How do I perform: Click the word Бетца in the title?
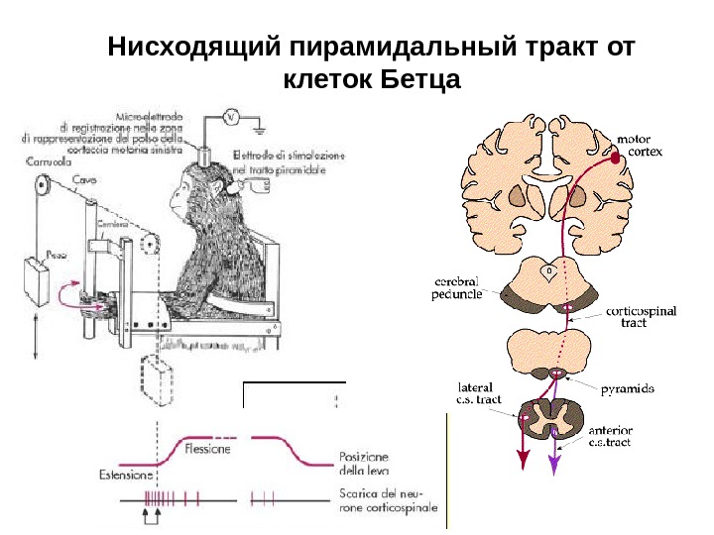click(421, 78)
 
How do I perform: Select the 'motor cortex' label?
click(640, 147)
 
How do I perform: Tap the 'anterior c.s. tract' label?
click(611, 437)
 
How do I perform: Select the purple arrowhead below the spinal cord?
click(554, 463)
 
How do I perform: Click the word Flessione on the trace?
click(208, 448)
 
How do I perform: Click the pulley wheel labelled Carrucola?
click(41, 186)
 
